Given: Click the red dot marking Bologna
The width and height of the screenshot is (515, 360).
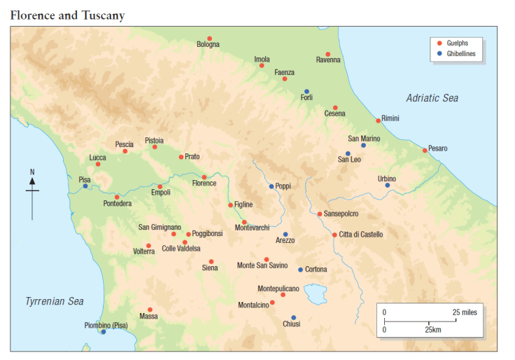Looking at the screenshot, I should [209, 39].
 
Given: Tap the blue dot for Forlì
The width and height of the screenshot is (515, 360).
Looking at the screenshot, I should [306, 91].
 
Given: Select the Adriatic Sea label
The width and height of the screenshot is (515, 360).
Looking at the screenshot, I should [432, 98].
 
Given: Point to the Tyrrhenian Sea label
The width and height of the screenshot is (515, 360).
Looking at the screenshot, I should [55, 301].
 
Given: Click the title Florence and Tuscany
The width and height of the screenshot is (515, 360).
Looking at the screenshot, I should [68, 14].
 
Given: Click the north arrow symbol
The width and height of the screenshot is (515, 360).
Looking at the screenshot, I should [32, 191].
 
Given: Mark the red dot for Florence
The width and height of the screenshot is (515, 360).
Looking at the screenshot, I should [204, 176].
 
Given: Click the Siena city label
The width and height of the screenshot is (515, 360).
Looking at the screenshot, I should [210, 268].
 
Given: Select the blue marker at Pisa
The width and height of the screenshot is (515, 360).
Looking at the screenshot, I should [85, 186].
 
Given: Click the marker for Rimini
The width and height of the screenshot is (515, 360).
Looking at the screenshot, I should [378, 120].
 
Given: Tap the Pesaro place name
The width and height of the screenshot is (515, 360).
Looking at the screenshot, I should [437, 148].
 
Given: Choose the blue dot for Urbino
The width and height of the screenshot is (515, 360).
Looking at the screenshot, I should [387, 185].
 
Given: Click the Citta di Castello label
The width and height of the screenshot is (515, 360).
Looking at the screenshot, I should [361, 235].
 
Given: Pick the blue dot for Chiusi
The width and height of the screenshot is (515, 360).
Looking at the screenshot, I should [293, 317].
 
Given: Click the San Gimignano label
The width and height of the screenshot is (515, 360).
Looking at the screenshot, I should [160, 228].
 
